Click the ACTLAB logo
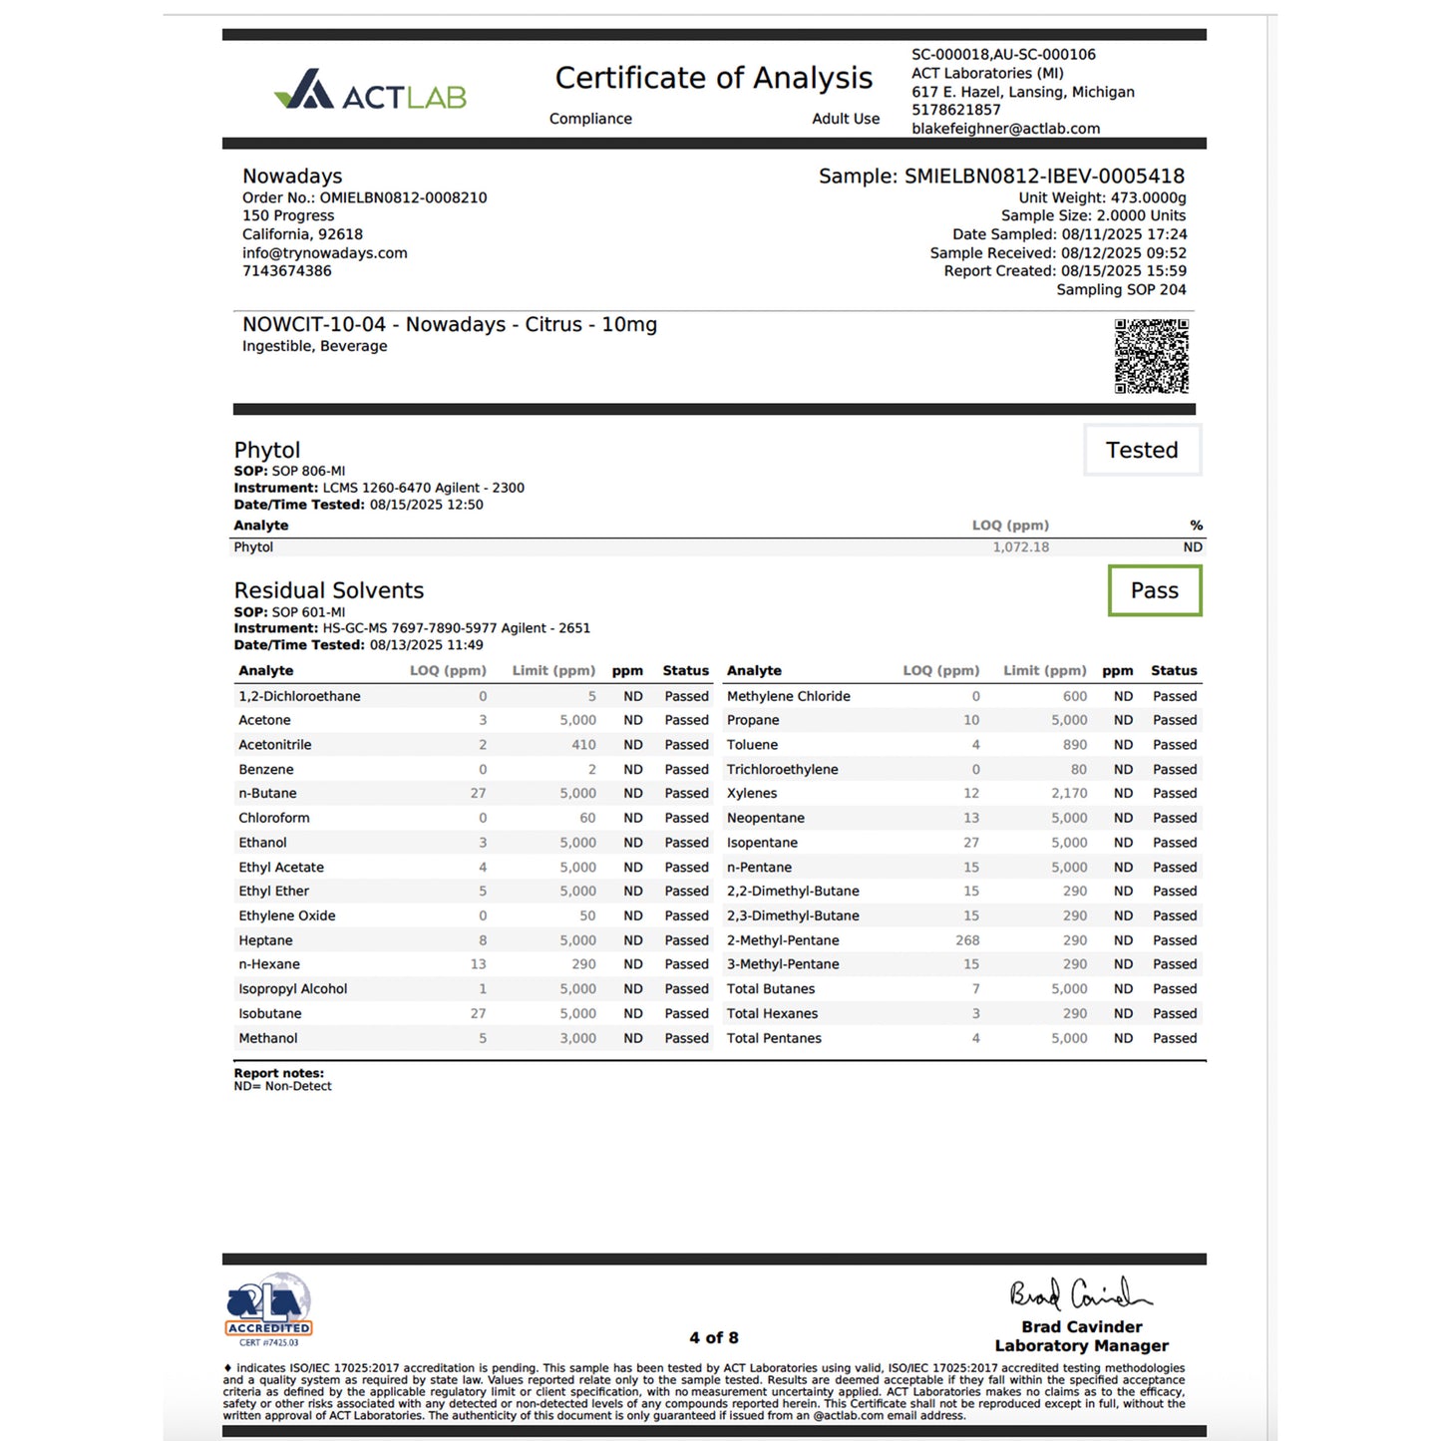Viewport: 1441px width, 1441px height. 370,92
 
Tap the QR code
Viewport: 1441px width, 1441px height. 1151,356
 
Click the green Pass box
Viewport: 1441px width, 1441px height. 1154,590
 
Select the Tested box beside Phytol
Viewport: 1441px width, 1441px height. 1142,450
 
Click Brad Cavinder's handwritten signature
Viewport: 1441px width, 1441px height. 1079,1294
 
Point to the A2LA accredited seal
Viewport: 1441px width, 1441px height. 268,1307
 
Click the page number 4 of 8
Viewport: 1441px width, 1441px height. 714,1337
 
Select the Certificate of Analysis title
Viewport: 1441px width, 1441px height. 713,78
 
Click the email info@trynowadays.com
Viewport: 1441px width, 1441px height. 325,253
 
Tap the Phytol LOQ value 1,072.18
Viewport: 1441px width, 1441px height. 1020,547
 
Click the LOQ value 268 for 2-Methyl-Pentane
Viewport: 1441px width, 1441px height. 967,940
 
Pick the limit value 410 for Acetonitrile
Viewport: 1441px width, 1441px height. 583,745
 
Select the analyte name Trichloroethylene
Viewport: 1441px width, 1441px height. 782,770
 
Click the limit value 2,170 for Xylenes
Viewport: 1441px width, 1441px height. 1068,794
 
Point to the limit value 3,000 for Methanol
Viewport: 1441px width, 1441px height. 577,1038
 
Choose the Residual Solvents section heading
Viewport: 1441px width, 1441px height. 329,590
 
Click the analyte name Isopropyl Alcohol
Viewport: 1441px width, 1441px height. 293,989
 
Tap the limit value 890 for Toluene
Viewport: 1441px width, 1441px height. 1074,745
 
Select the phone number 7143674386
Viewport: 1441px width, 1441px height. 287,271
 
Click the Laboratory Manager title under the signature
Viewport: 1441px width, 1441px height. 1081,1345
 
